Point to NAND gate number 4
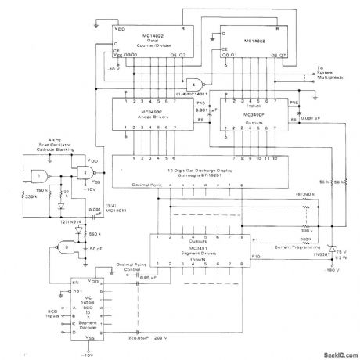191,84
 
